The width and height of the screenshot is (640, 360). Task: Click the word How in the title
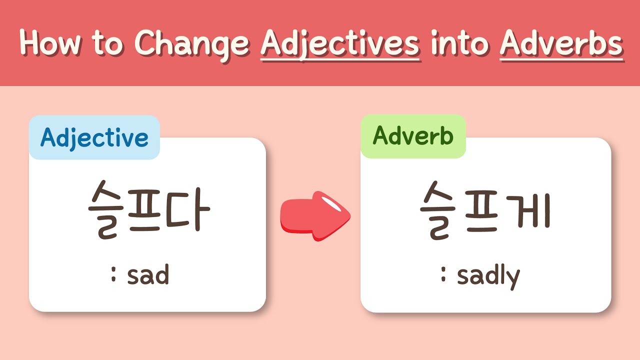[50, 43]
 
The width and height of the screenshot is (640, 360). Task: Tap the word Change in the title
[191, 45]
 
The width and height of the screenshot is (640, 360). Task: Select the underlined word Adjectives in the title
[340, 44]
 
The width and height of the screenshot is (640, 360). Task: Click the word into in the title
[459, 43]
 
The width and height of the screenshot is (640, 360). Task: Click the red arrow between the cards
[315, 216]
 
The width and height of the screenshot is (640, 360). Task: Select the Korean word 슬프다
[149, 209]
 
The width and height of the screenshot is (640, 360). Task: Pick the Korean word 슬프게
[485, 210]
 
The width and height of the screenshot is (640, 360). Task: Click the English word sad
[148, 274]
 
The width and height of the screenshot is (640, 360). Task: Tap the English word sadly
[488, 276]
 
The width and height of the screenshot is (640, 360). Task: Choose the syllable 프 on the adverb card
[481, 212]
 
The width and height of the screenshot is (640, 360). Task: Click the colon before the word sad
[113, 274]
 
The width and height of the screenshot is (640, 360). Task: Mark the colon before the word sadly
[443, 274]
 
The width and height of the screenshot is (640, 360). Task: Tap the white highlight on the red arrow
[331, 204]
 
